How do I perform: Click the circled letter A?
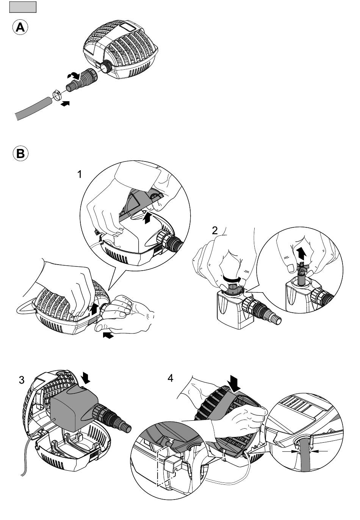[x=20, y=28]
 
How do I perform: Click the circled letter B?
[x=20, y=154]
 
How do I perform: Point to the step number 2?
[x=214, y=230]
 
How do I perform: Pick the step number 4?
[x=171, y=378]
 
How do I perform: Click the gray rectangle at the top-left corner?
[x=23, y=7]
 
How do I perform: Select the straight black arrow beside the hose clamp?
[x=65, y=103]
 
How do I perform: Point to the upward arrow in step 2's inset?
[x=301, y=251]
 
